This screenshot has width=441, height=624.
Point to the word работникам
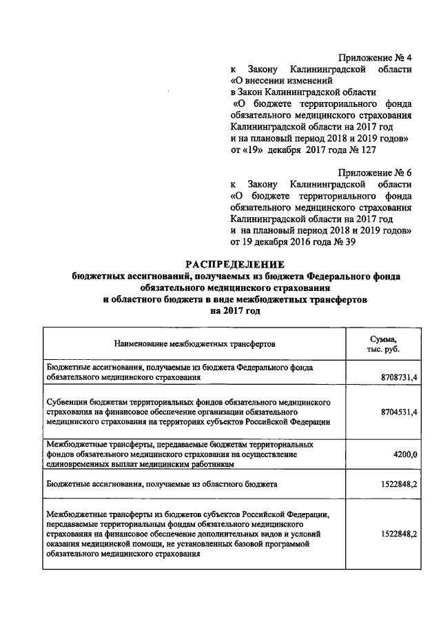click(205, 465)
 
